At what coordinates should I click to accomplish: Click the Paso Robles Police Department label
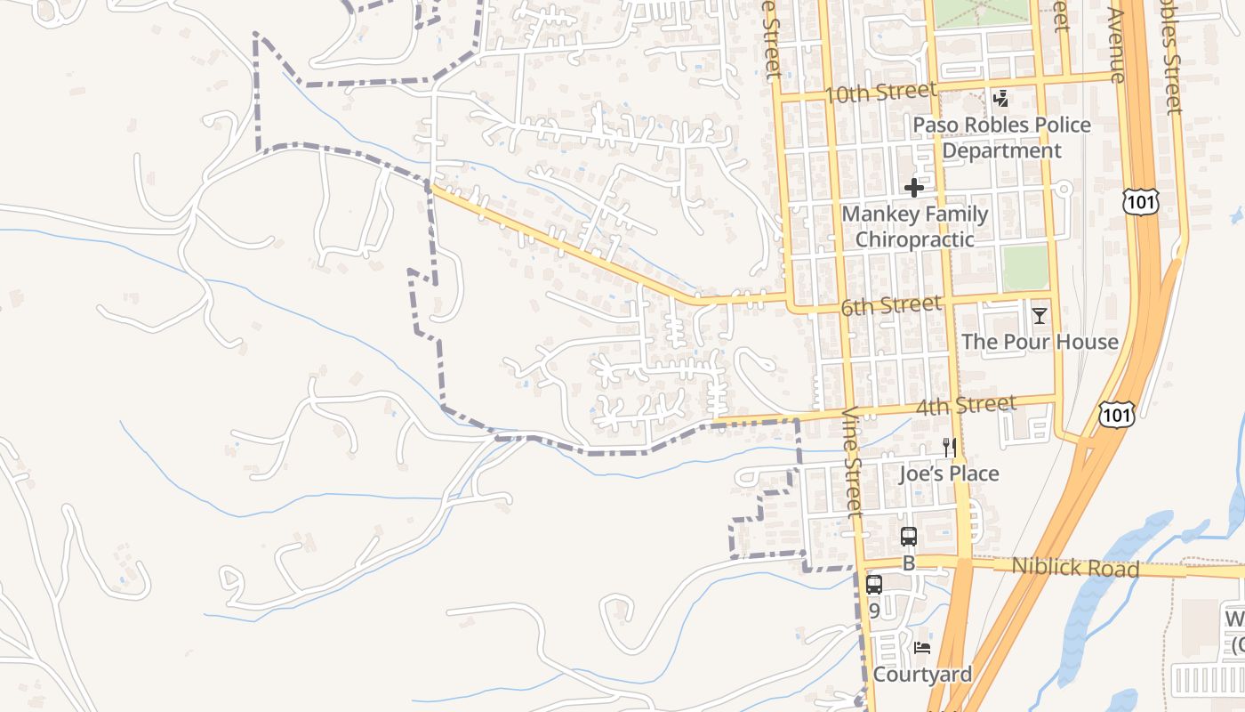1001,137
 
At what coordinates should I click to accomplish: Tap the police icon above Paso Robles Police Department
1001,99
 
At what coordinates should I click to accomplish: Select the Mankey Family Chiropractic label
914,226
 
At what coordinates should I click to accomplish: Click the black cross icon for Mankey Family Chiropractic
914,188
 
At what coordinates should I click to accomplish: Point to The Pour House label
1040,342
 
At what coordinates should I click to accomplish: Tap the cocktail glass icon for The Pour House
1039,316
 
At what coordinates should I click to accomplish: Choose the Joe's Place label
949,473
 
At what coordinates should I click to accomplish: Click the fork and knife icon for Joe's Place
950,448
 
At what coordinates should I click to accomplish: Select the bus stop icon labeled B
909,537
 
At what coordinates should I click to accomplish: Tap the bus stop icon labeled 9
874,585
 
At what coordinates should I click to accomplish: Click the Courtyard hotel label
922,675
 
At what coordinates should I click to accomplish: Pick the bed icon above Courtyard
922,648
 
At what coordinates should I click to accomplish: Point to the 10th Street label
880,93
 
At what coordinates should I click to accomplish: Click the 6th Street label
890,306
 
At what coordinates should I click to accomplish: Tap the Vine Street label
855,463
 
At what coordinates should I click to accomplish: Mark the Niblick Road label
1075,567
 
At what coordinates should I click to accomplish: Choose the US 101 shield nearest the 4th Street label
1116,414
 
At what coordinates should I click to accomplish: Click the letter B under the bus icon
909,562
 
